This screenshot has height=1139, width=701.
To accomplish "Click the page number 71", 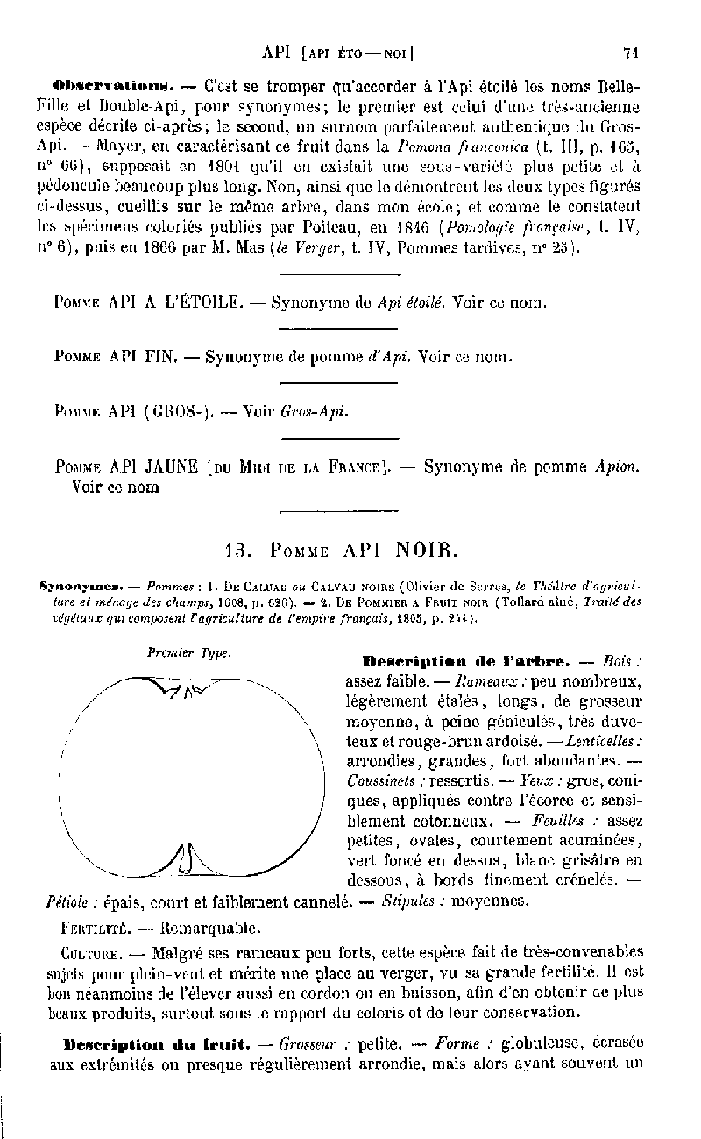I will [x=630, y=52].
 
